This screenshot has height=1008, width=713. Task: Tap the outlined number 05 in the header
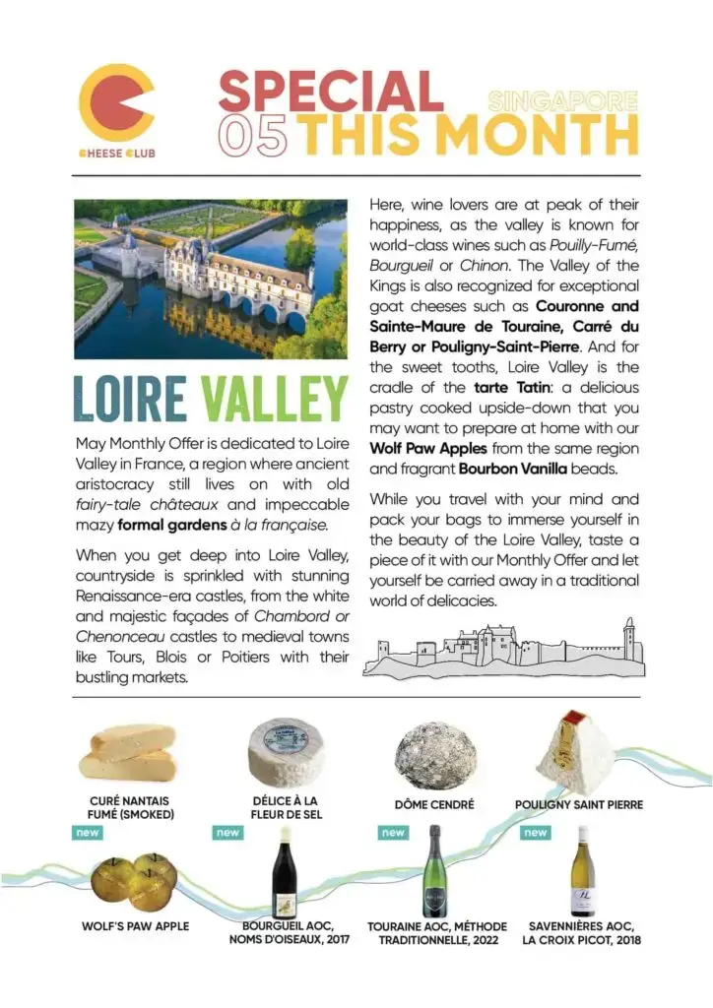[x=257, y=135]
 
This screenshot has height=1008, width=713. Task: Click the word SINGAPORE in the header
[x=562, y=100]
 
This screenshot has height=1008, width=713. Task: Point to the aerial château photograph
[x=211, y=279]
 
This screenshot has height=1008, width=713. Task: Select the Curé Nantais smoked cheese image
[x=128, y=751]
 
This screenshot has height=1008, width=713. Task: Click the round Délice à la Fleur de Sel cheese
[x=287, y=752]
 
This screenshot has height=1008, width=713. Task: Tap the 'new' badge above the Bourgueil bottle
[x=227, y=833]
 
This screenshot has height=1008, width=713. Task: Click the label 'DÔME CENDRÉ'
[x=434, y=804]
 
